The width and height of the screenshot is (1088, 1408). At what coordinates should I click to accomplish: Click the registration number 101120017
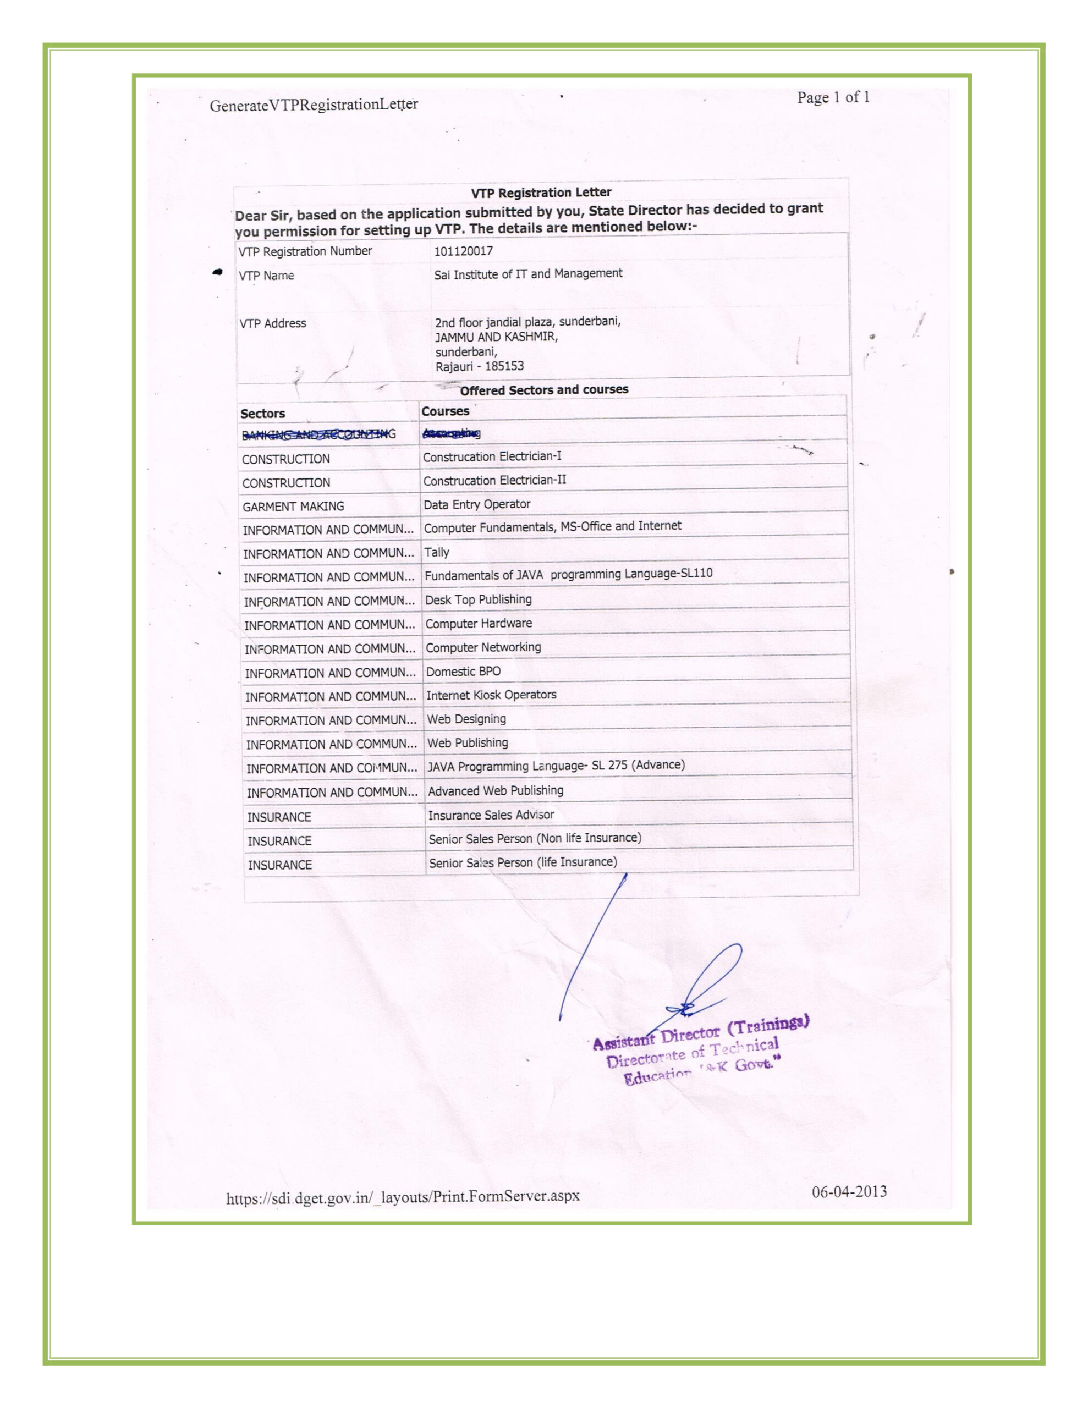point(463,251)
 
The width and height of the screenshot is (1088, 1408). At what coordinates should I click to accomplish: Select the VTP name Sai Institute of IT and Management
point(527,274)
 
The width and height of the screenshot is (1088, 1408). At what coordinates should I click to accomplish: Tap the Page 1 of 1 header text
point(833,97)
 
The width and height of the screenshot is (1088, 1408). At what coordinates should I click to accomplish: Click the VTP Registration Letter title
point(541,192)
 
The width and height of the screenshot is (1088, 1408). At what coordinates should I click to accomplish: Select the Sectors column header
point(262,413)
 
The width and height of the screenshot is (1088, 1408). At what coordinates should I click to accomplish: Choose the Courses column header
point(445,411)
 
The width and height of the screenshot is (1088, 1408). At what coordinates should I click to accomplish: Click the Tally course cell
point(437,552)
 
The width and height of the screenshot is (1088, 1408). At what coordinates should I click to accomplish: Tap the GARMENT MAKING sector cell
point(293,507)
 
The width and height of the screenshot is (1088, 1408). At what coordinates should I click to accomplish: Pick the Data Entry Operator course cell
point(476,504)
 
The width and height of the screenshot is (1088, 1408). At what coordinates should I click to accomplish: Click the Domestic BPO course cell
point(463,671)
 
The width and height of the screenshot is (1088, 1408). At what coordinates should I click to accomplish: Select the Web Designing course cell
point(466,719)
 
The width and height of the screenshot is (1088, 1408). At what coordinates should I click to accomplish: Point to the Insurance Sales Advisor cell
point(491,815)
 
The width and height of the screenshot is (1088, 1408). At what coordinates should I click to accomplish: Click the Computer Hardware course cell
point(479,623)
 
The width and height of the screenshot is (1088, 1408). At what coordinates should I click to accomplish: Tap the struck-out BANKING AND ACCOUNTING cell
point(318,435)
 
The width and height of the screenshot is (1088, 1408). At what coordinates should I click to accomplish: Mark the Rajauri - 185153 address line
point(479,366)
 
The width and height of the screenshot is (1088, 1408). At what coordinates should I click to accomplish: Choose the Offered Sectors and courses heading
point(543,389)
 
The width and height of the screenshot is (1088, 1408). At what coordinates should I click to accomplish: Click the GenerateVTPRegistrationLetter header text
point(314,105)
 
